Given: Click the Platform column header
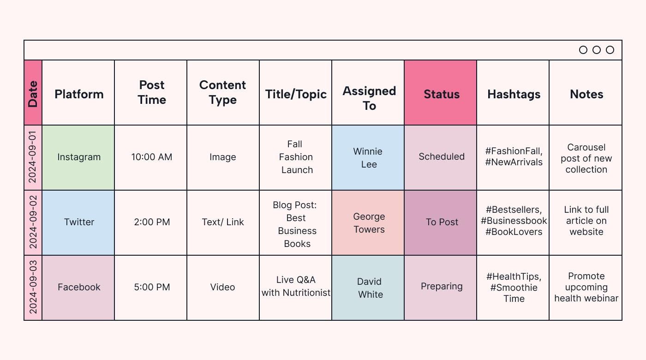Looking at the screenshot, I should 79,94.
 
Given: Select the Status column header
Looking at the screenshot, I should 442,94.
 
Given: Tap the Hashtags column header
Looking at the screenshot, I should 514,94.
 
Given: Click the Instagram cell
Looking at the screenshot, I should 79,157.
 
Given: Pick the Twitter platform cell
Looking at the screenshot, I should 79,222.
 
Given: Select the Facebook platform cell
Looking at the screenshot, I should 79,287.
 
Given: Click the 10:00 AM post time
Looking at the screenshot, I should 151,157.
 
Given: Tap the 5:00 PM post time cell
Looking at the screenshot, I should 152,287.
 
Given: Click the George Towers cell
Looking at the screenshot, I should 369,222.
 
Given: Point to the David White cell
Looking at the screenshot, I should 370,288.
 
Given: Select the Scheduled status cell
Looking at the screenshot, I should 442,156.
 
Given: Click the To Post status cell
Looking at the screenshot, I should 442,222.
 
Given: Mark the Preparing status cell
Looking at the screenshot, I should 442,286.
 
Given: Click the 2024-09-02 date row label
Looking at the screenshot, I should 33,222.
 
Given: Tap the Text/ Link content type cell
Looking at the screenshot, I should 223,222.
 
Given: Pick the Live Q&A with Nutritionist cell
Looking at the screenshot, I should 296,286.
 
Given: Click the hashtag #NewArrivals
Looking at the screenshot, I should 514,162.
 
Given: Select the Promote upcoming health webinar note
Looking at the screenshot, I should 586,287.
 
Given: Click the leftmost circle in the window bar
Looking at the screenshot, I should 583,50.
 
